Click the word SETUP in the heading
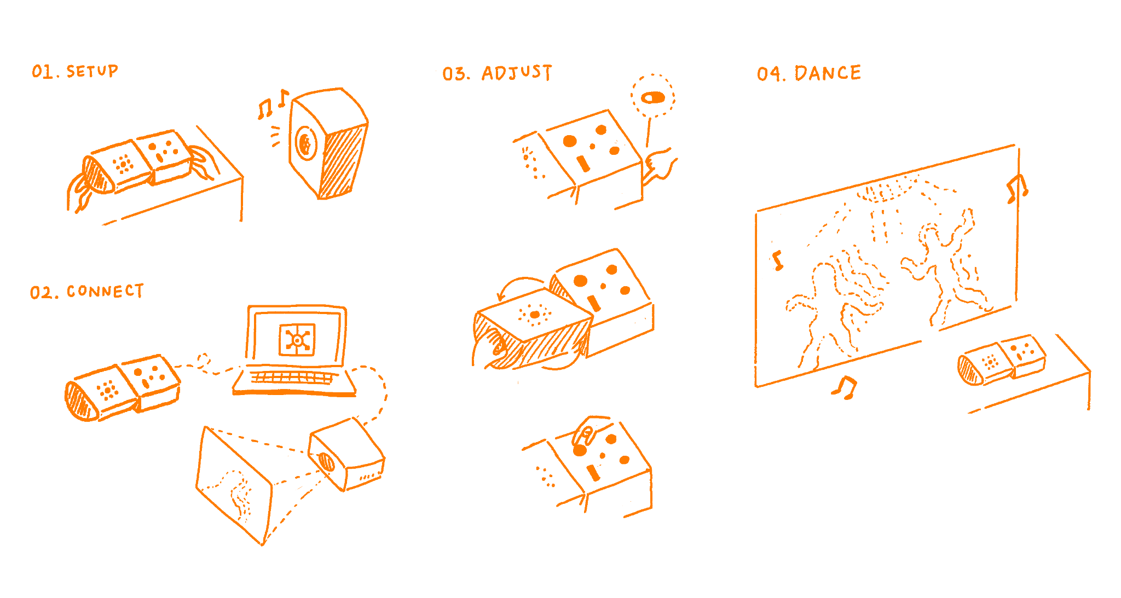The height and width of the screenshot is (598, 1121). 92,71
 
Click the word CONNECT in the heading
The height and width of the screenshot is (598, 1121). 105,291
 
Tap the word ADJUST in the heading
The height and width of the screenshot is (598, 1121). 517,73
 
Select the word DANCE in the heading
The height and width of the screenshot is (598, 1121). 828,73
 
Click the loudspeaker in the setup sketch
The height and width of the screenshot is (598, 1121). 327,143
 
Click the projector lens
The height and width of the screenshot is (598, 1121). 326,462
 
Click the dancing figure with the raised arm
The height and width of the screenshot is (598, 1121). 941,263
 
